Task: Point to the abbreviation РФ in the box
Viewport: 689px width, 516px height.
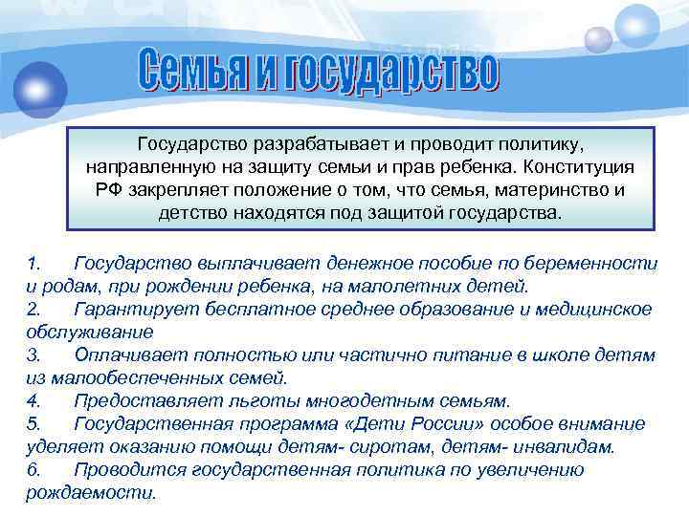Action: [106, 189]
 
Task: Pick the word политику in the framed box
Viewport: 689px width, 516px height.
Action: [532, 143]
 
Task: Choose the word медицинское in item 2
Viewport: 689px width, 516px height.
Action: [591, 309]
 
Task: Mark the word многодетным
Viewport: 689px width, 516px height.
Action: [369, 400]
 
